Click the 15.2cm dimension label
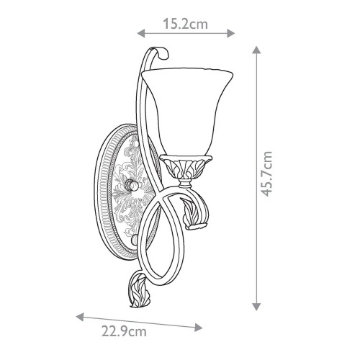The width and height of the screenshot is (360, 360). pos(185,24)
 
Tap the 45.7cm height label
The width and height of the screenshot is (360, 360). pos(266,174)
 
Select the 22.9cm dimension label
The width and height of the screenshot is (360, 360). pos(124,332)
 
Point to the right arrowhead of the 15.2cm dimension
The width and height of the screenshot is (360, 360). pos(230,33)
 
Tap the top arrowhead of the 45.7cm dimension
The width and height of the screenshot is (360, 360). pos(256,50)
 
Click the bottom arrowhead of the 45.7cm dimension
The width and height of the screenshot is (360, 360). pos(256,307)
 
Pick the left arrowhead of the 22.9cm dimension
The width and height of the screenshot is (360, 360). pos(80,317)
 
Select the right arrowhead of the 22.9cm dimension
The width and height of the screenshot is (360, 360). pos(199,327)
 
